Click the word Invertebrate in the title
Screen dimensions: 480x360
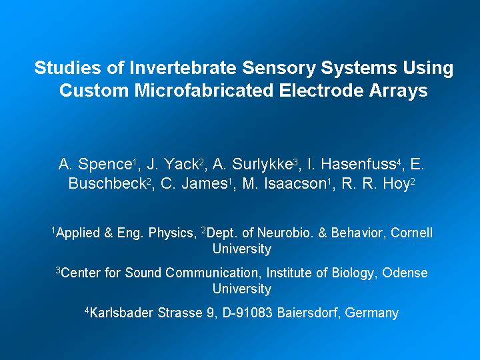[x=183, y=67]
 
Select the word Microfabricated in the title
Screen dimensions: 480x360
[x=203, y=90]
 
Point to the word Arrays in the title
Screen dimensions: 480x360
[x=398, y=91]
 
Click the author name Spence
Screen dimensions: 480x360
[x=105, y=165]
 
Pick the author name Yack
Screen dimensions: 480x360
[x=182, y=164]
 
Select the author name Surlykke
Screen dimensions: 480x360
[x=262, y=165]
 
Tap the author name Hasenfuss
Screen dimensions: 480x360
[x=358, y=164]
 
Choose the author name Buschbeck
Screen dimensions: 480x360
[x=107, y=184]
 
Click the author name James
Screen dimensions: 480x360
[x=204, y=184]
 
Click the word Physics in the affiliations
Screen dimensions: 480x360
[x=172, y=233]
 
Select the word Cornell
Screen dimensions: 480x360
[x=411, y=233]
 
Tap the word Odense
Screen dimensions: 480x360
[x=405, y=273]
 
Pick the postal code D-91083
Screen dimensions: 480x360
[x=247, y=313]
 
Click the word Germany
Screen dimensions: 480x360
[x=371, y=313]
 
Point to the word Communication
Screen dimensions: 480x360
[x=213, y=273]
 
